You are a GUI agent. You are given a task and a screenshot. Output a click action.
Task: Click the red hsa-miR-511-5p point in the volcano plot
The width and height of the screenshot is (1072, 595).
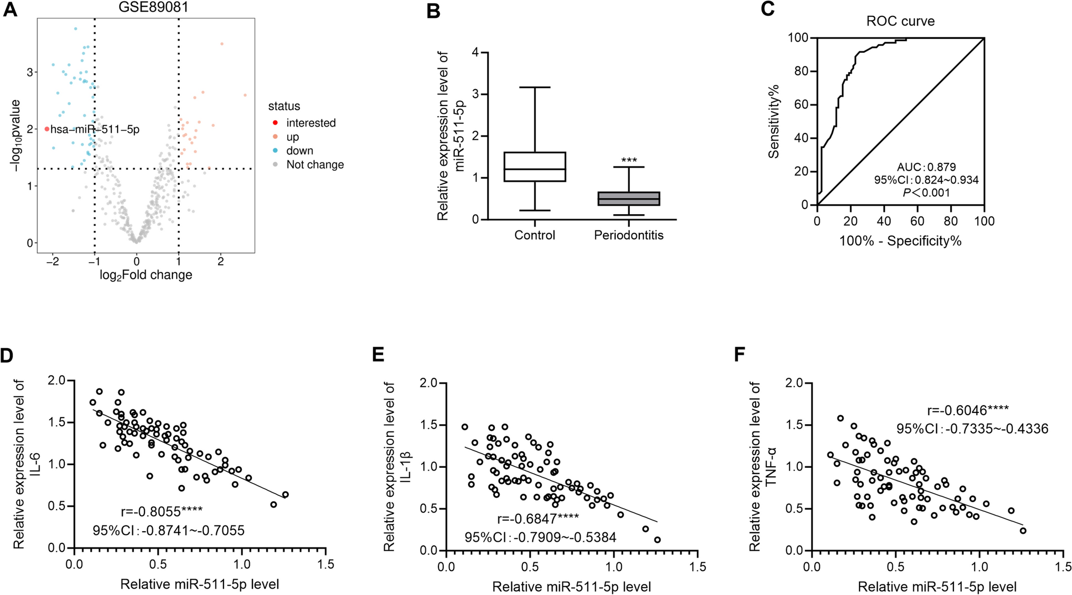pos(47,129)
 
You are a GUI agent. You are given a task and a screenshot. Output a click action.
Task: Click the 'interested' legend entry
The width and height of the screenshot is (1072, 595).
pos(310,123)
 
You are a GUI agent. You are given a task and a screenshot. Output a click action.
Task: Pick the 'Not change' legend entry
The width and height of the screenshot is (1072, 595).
pos(315,165)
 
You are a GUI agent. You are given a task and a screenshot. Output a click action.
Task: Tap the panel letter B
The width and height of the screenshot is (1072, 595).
pos(433,11)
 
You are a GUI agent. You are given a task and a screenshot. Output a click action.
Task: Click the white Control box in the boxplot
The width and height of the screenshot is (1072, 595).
pos(534,167)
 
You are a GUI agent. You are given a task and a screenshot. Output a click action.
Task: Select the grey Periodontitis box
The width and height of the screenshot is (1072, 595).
pos(629,199)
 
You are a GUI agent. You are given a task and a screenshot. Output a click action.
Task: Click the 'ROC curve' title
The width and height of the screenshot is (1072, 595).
pos(900,21)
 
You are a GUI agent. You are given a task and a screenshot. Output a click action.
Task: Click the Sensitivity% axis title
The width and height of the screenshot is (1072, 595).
pos(774,121)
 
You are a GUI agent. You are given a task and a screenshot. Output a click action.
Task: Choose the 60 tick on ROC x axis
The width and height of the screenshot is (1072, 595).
pos(917,221)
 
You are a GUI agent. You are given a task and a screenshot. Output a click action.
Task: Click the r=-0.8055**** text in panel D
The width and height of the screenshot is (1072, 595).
pos(161,511)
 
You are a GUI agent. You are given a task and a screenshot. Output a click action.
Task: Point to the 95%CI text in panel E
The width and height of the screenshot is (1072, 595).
pos(540,538)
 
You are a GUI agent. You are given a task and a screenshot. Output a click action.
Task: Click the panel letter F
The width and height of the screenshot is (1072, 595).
pos(740,355)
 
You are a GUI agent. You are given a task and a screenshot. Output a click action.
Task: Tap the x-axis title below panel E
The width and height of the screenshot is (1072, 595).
pos(571,587)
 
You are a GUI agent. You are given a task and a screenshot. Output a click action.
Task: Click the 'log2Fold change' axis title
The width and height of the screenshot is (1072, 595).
pos(145,275)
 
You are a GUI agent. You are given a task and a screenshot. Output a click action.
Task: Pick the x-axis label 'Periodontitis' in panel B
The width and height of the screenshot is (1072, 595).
pos(628,235)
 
